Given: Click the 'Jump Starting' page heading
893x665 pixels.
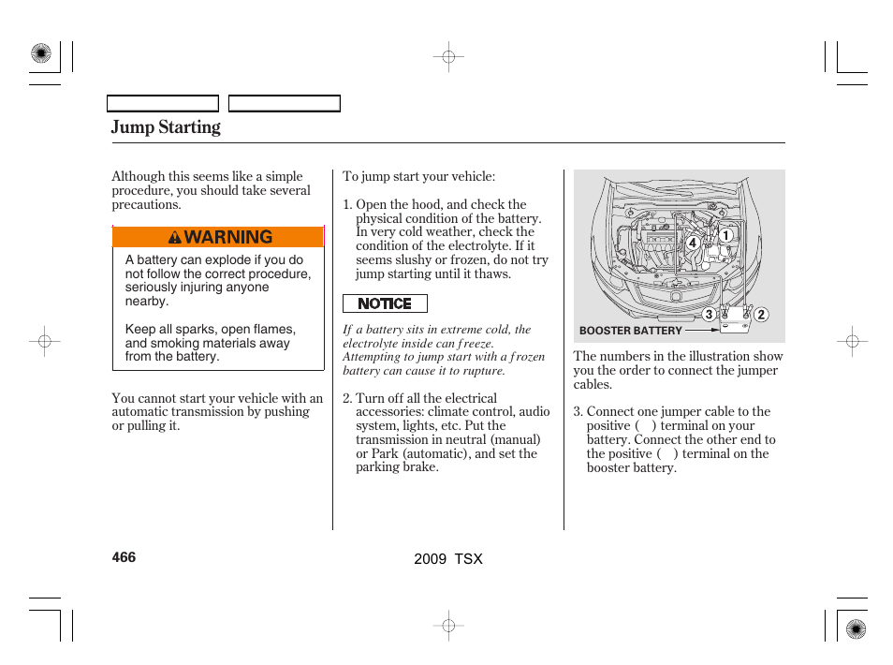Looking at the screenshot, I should [166, 127].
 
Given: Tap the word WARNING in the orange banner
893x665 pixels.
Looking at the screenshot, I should [228, 237].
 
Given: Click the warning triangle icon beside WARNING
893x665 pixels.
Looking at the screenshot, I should [175, 238].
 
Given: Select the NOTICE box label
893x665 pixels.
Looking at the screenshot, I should [385, 303].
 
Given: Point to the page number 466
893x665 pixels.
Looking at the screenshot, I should [124, 557].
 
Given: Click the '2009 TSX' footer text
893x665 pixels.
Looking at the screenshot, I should [448, 558].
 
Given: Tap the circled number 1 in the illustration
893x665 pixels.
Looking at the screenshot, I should [725, 236].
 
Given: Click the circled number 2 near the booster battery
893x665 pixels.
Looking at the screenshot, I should [761, 315].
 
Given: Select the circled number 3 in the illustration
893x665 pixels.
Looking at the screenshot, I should [710, 315].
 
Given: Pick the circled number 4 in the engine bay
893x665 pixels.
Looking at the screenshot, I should [693, 243].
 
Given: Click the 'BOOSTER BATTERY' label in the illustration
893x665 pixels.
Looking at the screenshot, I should [630, 331].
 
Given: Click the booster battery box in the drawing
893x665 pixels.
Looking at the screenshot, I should [735, 321].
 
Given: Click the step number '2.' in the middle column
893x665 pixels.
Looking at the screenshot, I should [347, 398].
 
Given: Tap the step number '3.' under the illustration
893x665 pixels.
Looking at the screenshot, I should [578, 412].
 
